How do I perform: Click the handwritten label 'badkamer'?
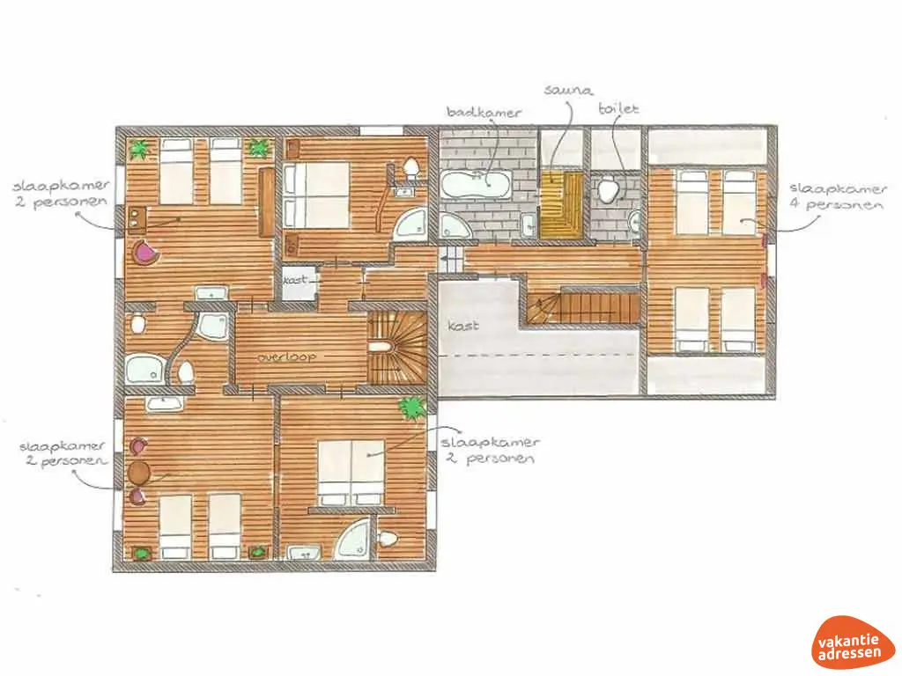pos(484,113)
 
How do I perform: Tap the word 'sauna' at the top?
pos(568,91)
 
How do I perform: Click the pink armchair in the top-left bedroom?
pos(146,252)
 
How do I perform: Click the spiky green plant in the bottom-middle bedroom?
pos(411,407)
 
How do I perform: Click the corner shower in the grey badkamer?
pos(455,227)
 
